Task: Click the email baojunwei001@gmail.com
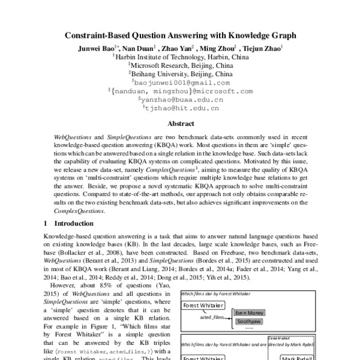coord(181,83)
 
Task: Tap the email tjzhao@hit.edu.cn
coord(181,109)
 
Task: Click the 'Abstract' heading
coord(180,124)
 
